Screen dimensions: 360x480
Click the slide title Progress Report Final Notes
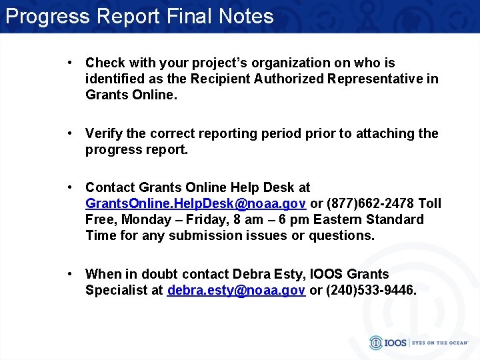(x=139, y=16)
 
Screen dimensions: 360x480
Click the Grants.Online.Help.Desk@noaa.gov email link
(x=196, y=203)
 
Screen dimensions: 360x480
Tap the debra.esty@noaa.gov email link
(x=237, y=290)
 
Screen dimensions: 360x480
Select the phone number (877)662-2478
(x=369, y=203)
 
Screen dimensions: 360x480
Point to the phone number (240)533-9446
(x=371, y=290)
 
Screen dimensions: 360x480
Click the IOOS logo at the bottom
(x=385, y=343)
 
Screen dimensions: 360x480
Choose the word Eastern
(x=338, y=219)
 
